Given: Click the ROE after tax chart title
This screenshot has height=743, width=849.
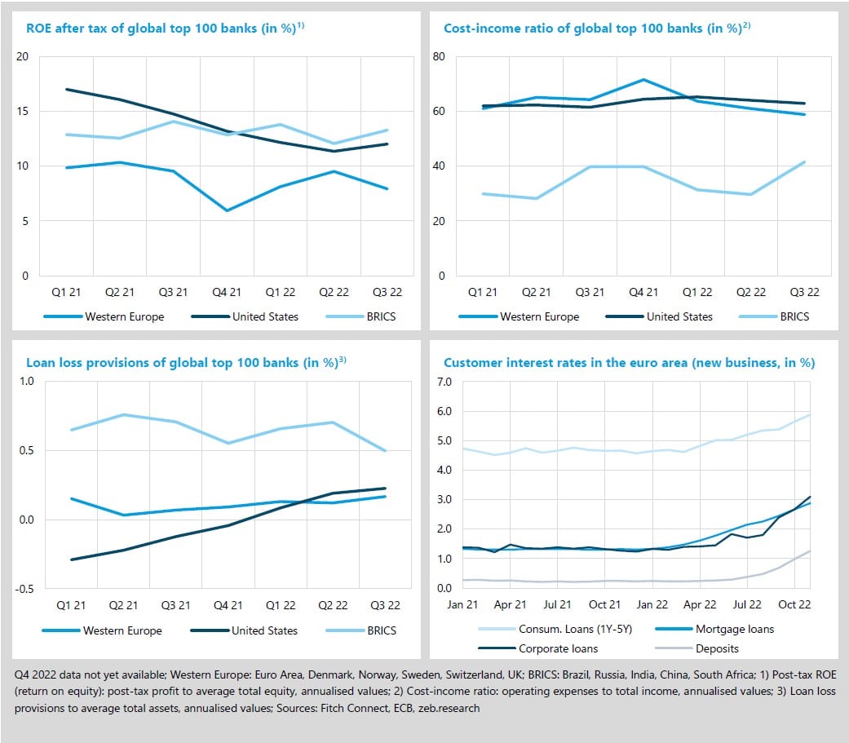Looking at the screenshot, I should click(x=165, y=28).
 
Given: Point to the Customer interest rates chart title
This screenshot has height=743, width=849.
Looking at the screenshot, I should click(x=629, y=362).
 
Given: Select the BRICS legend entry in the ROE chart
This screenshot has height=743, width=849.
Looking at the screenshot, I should click(x=381, y=316).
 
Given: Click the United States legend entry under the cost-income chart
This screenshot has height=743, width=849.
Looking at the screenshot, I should click(x=679, y=316).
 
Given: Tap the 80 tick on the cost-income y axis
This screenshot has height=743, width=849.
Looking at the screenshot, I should click(x=438, y=56).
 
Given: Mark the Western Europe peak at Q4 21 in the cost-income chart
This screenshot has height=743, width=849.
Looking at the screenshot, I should click(x=644, y=79).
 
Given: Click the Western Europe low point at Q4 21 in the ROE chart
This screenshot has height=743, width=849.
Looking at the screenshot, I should click(x=227, y=210).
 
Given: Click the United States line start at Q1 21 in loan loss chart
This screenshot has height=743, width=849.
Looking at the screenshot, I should click(x=71, y=559).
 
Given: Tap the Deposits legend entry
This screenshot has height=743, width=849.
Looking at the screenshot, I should click(x=717, y=649).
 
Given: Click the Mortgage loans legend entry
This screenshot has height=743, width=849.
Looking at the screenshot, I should click(x=732, y=629).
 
